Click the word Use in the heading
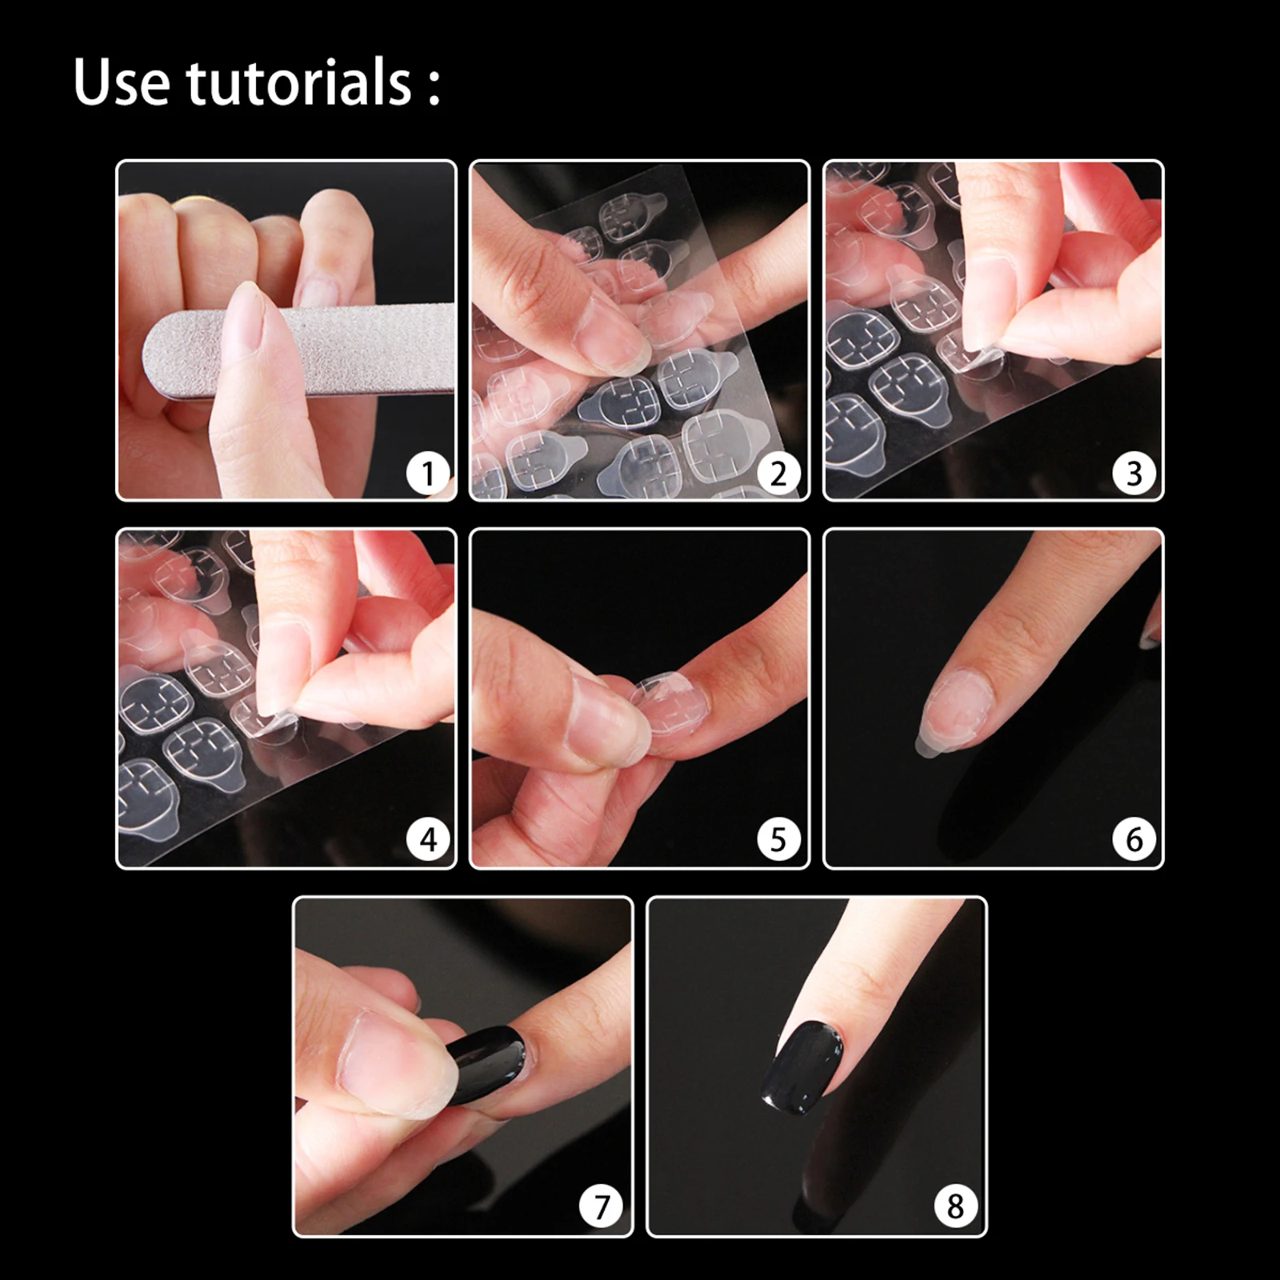click(x=121, y=82)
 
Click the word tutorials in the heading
click(x=298, y=82)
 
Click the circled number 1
click(x=428, y=474)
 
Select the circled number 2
click(x=779, y=474)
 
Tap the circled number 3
click(x=1134, y=474)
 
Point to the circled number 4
click(x=428, y=840)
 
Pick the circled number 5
click(x=779, y=840)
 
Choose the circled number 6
click(x=1134, y=840)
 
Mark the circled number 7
click(x=601, y=1206)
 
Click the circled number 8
click(x=955, y=1206)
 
